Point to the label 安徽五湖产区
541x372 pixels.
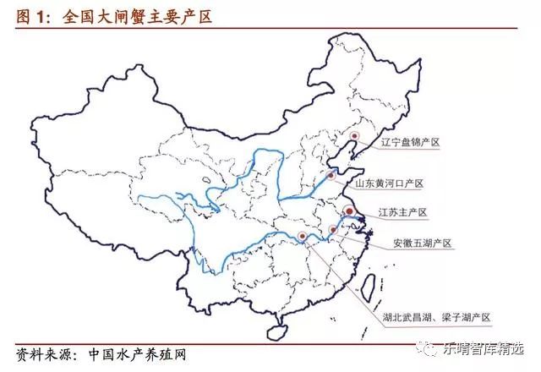(423, 243)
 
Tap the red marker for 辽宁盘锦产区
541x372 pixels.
(355, 135)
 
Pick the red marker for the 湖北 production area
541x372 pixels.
(303, 236)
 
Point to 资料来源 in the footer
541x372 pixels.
(43, 353)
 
